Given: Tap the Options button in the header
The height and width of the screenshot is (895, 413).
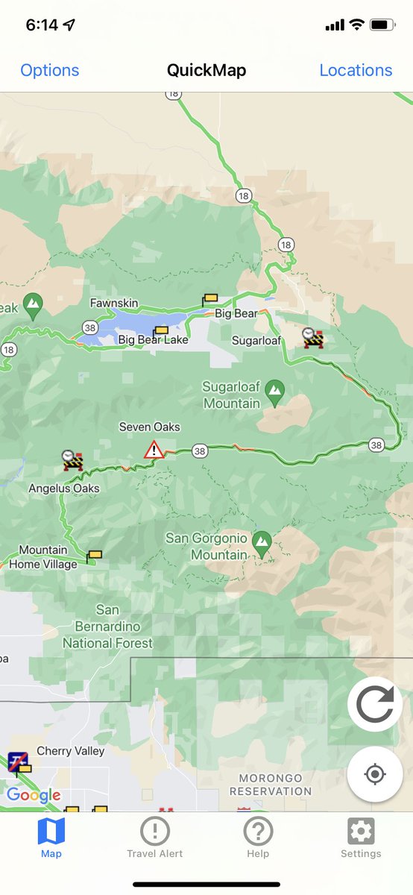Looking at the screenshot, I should [x=49, y=70].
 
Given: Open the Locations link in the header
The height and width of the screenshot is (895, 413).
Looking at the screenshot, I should [x=356, y=70].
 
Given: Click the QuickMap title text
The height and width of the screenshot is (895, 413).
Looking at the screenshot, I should [x=206, y=70].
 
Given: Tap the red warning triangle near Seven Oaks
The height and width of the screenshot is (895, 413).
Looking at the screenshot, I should [x=154, y=450].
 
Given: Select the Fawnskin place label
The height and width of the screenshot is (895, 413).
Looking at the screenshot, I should [x=115, y=304].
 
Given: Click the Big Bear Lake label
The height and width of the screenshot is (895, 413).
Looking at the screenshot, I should [x=153, y=340].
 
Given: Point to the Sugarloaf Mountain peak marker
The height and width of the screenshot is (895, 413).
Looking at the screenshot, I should [x=275, y=390].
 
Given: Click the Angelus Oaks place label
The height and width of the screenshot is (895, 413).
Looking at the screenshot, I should [x=64, y=489].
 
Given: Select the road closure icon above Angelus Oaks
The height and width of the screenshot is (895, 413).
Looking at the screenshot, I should [x=72, y=460].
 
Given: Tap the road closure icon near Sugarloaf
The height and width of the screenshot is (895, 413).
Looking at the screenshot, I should [x=313, y=338].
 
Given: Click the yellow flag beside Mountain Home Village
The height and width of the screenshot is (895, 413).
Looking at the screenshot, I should [x=94, y=556].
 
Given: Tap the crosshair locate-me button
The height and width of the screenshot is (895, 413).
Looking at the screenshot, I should [x=375, y=774].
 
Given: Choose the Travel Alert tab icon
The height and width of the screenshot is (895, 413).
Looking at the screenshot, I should [x=154, y=830].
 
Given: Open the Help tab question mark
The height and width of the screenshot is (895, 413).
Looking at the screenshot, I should [x=258, y=830].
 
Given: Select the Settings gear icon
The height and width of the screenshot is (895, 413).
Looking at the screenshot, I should [x=361, y=830].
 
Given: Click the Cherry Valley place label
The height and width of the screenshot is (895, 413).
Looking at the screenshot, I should [x=71, y=751].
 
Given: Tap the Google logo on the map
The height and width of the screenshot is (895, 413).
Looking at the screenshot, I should [x=34, y=795].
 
